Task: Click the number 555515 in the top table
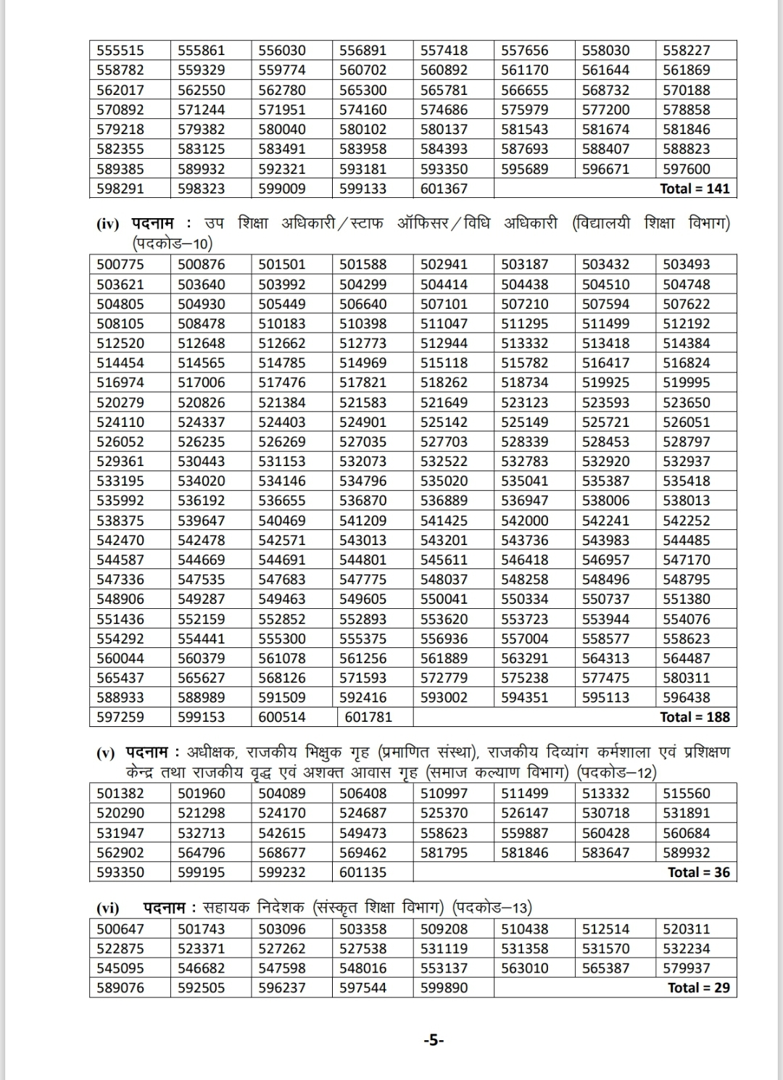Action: tap(120, 50)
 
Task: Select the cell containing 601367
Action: tap(444, 188)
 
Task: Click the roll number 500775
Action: tap(120, 265)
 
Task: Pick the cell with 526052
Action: tap(120, 441)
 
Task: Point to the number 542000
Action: tap(525, 520)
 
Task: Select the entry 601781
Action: tap(368, 717)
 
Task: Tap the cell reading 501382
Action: tap(120, 794)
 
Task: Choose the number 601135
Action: tap(363, 872)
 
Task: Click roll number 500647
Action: tap(120, 929)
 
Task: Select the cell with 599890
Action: tap(444, 987)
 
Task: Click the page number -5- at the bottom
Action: tap(434, 1040)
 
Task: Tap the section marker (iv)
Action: tap(107, 224)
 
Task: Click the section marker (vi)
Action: tap(108, 907)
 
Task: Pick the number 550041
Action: tap(444, 599)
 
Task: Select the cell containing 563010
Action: tap(525, 968)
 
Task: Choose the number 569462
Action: tap(363, 852)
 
